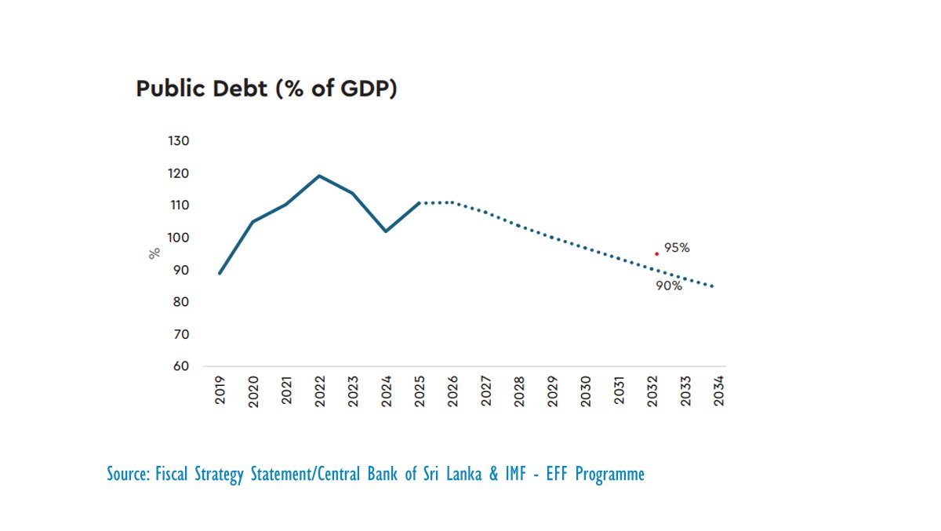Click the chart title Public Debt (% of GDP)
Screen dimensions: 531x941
(x=267, y=89)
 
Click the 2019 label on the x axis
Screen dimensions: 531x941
(x=220, y=390)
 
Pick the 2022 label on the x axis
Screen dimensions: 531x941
(x=319, y=390)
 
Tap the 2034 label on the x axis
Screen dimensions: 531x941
(x=718, y=390)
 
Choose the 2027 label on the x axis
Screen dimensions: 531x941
(x=485, y=390)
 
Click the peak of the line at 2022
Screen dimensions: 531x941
(x=319, y=176)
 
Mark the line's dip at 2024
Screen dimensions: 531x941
(x=386, y=231)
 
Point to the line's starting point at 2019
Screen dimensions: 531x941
(x=220, y=273)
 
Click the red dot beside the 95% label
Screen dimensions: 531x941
(x=656, y=253)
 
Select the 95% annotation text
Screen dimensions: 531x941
(x=677, y=248)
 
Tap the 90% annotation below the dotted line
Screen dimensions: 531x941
(x=669, y=286)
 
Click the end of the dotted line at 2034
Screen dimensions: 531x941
(x=712, y=286)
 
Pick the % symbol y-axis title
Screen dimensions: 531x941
(x=154, y=253)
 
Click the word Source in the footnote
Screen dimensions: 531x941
(x=126, y=475)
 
